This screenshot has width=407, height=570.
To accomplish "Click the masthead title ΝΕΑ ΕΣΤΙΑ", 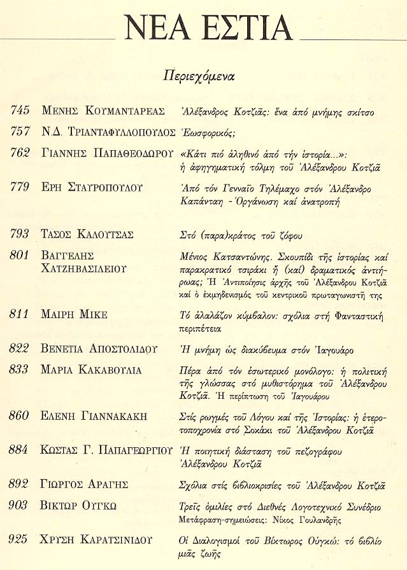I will [x=208, y=27].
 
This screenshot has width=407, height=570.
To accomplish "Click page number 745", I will [x=20, y=111].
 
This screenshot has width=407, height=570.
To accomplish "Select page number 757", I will [x=20, y=132].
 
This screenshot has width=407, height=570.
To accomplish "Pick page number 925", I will [x=20, y=541].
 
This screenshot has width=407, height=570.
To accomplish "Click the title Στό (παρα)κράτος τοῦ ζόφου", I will [x=239, y=235].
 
